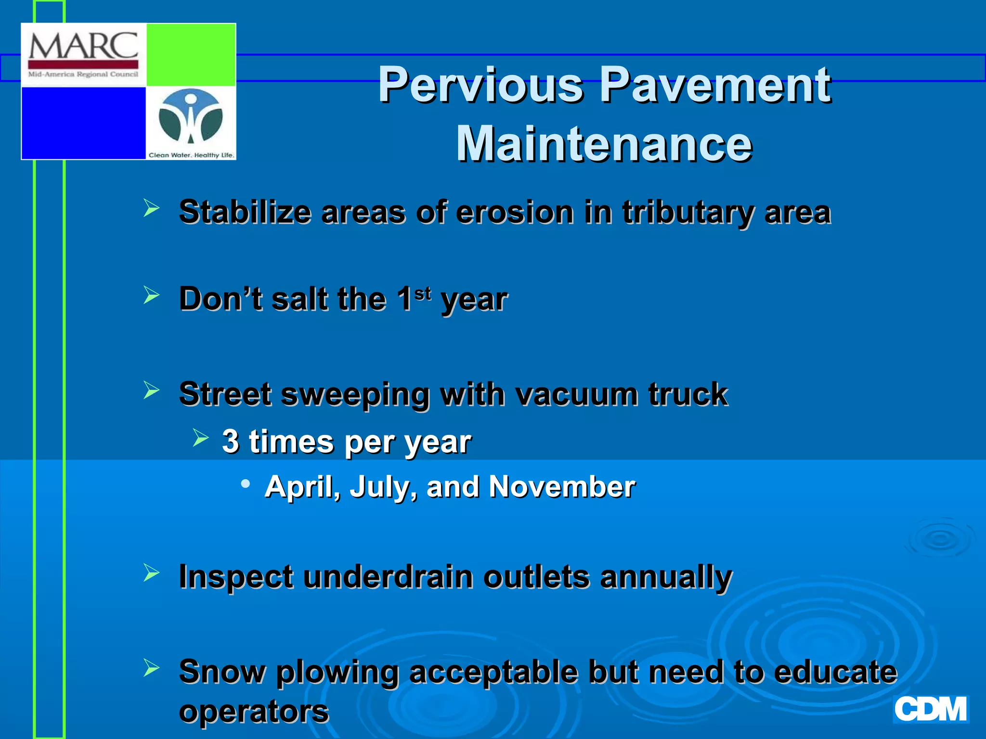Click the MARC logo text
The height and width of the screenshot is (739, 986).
click(x=83, y=46)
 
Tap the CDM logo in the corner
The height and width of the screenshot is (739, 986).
click(x=930, y=709)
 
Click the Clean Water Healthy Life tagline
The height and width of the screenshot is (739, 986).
click(x=191, y=155)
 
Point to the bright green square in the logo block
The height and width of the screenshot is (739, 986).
click(x=191, y=55)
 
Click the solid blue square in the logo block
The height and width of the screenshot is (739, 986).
click(x=84, y=123)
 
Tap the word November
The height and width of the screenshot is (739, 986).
click(x=562, y=486)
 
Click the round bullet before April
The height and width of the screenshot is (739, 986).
click(x=246, y=484)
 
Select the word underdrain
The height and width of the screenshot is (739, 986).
click(x=388, y=576)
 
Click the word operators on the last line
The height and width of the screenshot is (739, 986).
click(x=254, y=711)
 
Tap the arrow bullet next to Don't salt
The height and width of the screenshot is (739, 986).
click(x=151, y=295)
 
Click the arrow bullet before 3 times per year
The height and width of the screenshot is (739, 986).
click(x=200, y=438)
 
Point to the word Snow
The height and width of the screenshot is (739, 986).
click(x=221, y=672)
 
